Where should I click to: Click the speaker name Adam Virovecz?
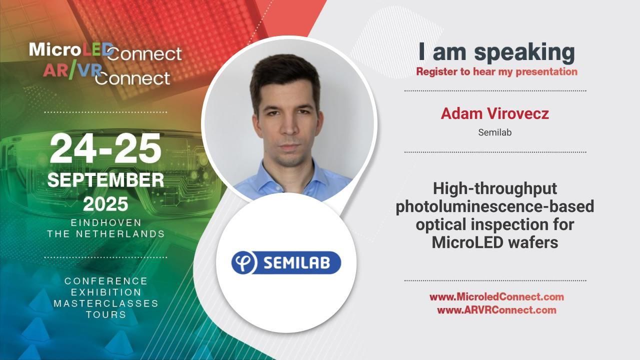(x=494, y=113)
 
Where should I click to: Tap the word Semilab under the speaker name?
(x=494, y=132)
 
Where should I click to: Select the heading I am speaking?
(x=496, y=52)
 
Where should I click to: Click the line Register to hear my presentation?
(x=496, y=71)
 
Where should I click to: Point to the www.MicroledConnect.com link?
(x=496, y=297)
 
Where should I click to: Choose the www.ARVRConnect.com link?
(x=496, y=310)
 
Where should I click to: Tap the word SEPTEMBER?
(x=105, y=180)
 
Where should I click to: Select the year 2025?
(x=105, y=204)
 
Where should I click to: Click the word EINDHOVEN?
(x=106, y=222)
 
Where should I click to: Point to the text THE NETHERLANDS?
(x=106, y=233)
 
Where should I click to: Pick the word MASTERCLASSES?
(x=106, y=303)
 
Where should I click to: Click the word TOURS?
(x=106, y=314)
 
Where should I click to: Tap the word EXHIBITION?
(x=106, y=292)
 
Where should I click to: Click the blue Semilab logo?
(x=286, y=262)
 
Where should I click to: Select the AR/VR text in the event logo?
(x=72, y=70)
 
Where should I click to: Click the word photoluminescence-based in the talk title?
(x=494, y=206)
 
